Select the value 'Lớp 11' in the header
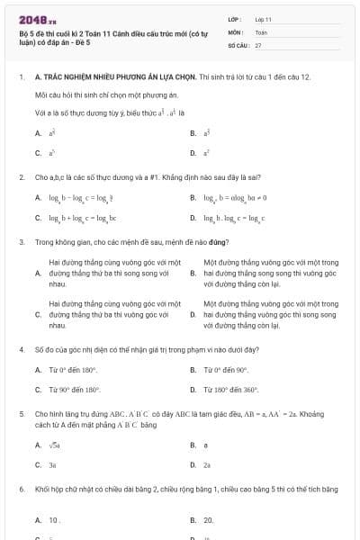264,18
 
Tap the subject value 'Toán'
261,31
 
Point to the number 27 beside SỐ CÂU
258,43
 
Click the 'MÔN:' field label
236,31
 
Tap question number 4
21,347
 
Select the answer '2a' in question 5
207,464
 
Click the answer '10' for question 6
55,519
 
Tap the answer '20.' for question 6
208,519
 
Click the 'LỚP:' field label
236,18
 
